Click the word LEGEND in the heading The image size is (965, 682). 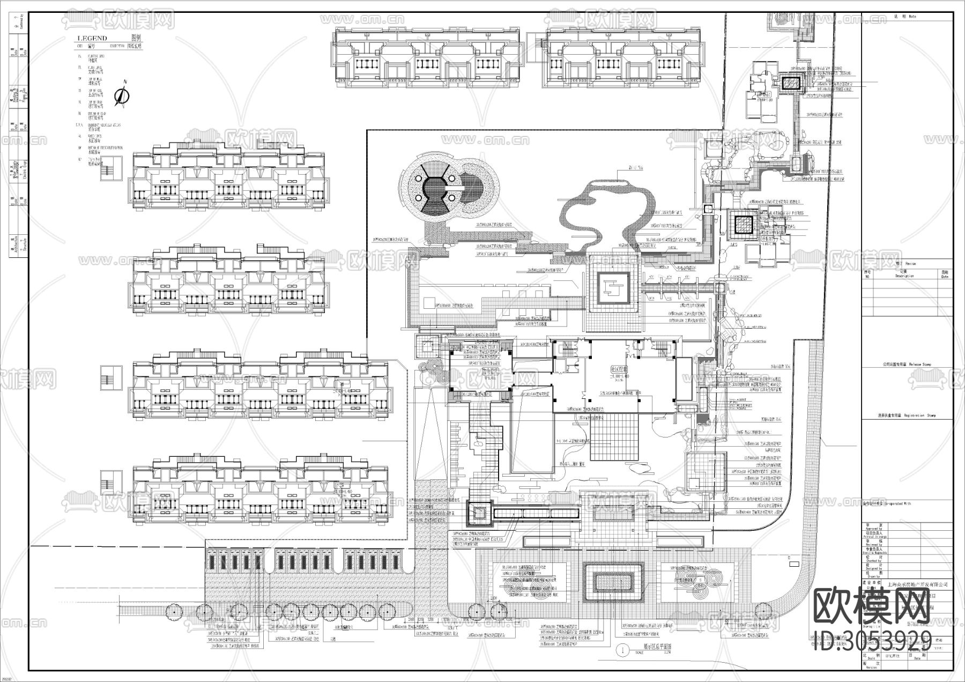coord(93,38)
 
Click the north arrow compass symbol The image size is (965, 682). coord(123,96)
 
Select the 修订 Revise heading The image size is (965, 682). coord(905,264)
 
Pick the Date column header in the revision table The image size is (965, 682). coord(945,274)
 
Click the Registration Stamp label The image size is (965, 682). coord(909,416)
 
